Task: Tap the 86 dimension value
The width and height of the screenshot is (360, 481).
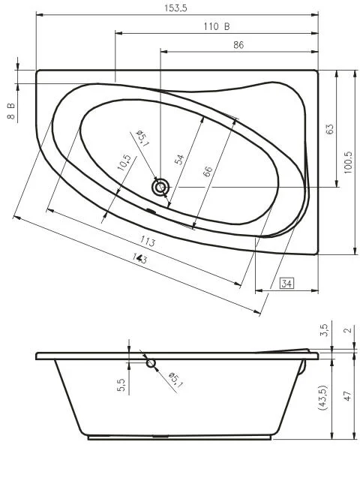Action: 238,45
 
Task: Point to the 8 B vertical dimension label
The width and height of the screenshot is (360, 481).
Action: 11,112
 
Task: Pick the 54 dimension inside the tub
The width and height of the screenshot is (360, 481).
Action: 179,158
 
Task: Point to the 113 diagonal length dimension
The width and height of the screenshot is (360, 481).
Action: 147,242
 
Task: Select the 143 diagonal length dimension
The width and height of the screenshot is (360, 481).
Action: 139,258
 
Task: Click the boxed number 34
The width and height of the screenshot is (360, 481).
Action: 287,283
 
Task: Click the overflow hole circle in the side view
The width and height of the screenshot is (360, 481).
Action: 151,363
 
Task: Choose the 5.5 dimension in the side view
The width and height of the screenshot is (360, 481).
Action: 121,386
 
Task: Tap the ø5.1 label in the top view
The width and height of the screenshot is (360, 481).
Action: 141,137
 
